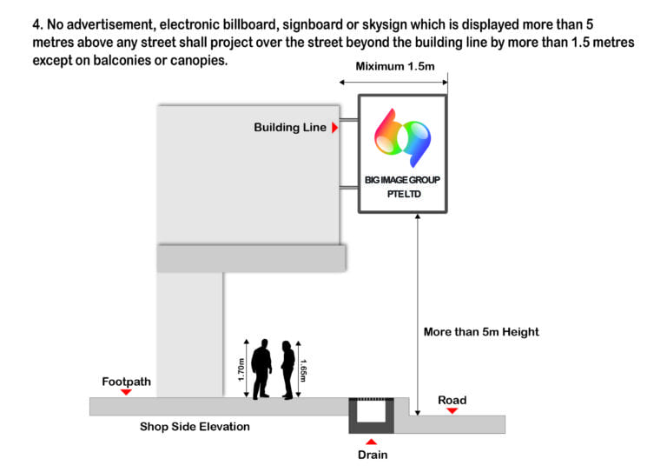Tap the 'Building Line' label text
pyautogui.click(x=290, y=127)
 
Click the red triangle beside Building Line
pyautogui.click(x=334, y=128)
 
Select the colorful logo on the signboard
pyautogui.click(x=402, y=137)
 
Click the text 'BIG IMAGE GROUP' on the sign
pyautogui.click(x=402, y=180)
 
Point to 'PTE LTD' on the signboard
pyautogui.click(x=404, y=194)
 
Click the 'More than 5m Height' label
pyautogui.click(x=481, y=332)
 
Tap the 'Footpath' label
pyautogui.click(x=126, y=382)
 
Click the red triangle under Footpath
pyautogui.click(x=126, y=392)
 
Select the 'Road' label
pyautogui.click(x=452, y=401)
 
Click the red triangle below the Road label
pyautogui.click(x=452, y=410)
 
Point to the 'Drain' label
pyautogui.click(x=373, y=455)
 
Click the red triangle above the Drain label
pyautogui.click(x=372, y=442)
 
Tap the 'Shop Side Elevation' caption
pyautogui.click(x=195, y=427)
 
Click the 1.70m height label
pyautogui.click(x=241, y=369)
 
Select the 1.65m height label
pyautogui.click(x=303, y=370)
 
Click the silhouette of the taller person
pyautogui.click(x=261, y=369)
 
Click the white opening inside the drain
pyautogui.click(x=371, y=411)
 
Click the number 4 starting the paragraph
pyautogui.click(x=37, y=24)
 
